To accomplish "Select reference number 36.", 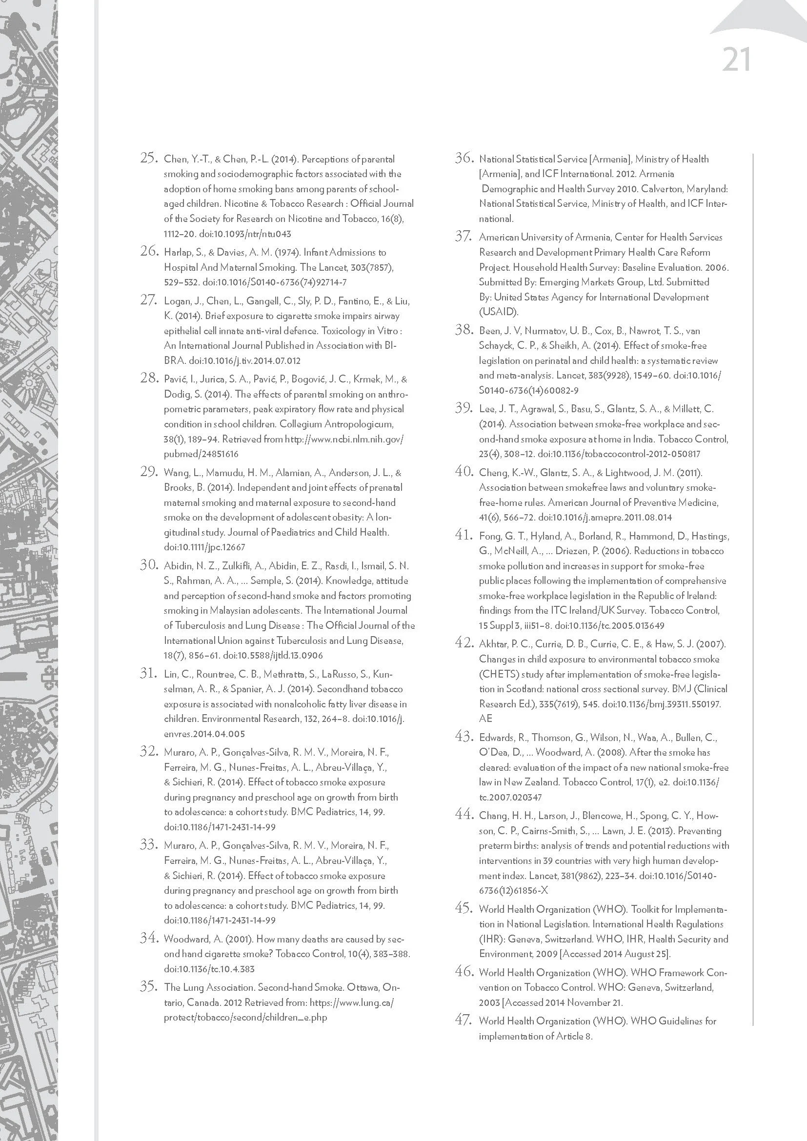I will click(x=463, y=159).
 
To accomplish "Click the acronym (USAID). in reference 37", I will click(x=499, y=312).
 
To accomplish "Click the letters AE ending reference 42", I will click(x=485, y=718).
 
